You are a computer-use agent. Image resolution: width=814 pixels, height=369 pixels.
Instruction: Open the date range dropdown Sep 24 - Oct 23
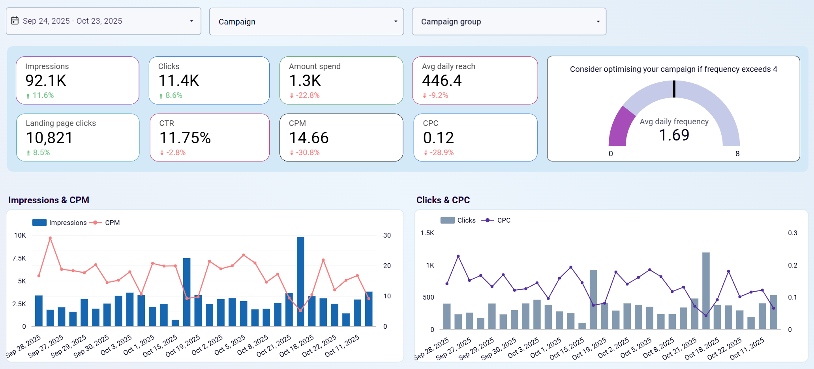[x=103, y=21]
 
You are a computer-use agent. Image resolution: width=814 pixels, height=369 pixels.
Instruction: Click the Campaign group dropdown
[x=508, y=22]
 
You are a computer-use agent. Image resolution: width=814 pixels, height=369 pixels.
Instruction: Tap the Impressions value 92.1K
[x=46, y=81]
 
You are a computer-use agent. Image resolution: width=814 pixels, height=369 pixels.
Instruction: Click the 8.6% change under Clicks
[x=173, y=96]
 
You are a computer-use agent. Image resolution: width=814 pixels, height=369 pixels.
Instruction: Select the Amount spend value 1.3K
[x=305, y=81]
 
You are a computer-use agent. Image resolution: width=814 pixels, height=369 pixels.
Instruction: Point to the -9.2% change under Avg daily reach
[x=438, y=96]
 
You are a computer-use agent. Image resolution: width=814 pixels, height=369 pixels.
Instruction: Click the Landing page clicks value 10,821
[x=49, y=138]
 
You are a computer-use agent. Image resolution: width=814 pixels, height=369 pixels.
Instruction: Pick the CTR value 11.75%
[x=185, y=138]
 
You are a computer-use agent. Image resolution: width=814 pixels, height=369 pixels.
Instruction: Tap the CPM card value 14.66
[x=309, y=138]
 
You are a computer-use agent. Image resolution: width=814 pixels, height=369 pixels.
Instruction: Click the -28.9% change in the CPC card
[x=441, y=153]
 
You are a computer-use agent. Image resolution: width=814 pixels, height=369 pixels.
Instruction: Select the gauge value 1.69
[x=674, y=135]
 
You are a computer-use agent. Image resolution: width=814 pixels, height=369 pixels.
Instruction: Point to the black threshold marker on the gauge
[x=674, y=89]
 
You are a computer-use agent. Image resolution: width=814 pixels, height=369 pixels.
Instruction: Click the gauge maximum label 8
[x=737, y=154]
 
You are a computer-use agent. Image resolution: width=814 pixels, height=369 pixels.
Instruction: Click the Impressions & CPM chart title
[x=49, y=200]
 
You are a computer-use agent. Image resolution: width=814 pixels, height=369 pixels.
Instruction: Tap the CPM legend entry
[x=112, y=223]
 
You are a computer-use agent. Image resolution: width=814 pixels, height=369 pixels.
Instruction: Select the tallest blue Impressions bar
[x=300, y=281]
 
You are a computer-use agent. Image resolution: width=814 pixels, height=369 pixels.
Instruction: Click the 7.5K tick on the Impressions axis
[x=19, y=258]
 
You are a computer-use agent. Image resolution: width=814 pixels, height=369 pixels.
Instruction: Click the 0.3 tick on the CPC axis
[x=792, y=233]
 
